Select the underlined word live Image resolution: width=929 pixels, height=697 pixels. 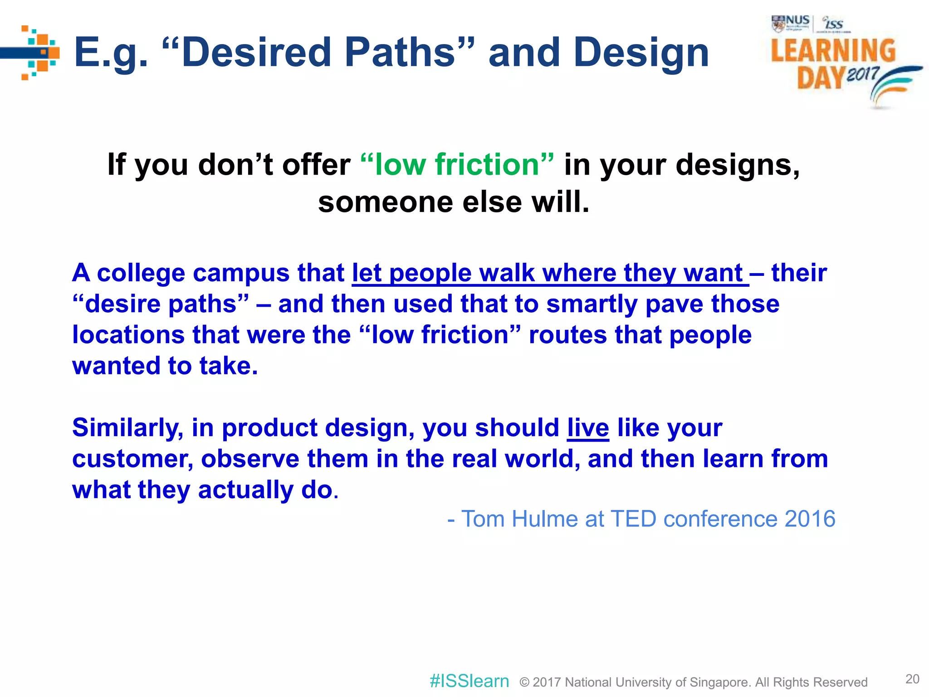[x=588, y=427]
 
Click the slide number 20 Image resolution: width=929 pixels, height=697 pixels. [x=912, y=679]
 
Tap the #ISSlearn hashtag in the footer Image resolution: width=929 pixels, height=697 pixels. [x=469, y=681]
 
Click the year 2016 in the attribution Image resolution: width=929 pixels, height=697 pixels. [x=810, y=519]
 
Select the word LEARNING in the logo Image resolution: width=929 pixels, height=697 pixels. [x=833, y=50]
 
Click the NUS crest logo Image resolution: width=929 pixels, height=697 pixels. [x=778, y=24]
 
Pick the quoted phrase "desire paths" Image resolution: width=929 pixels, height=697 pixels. [x=161, y=304]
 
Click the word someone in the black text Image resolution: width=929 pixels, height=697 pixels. [x=385, y=202]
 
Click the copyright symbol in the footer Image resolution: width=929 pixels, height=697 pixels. [x=524, y=682]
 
